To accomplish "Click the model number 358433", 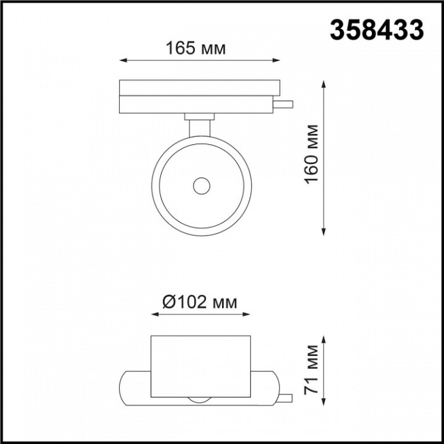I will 377,29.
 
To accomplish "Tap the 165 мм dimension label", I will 196,48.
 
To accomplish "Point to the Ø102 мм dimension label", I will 199,302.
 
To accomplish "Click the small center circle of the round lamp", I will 201,186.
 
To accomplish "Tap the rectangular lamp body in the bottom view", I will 199,366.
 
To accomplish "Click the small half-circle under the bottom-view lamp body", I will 199,400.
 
